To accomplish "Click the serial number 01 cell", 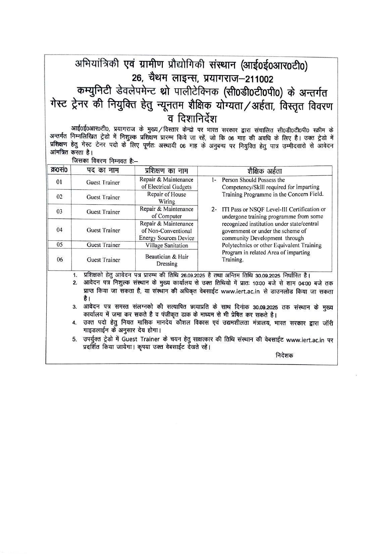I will pyautogui.click(x=59, y=182).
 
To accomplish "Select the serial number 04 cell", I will pyautogui.click(x=59, y=230).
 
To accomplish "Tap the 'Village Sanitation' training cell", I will pyautogui.click(x=167, y=245).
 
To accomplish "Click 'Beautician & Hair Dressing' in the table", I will pyautogui.click(x=167, y=260).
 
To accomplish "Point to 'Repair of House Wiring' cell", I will pyautogui.click(x=167, y=198).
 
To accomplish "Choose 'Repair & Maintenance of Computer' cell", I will pyautogui.click(x=167, y=213).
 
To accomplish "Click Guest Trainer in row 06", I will pyautogui.click(x=103, y=260).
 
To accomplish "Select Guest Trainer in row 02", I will pyautogui.click(x=103, y=197).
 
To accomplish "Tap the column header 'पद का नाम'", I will pyautogui.click(x=103, y=170).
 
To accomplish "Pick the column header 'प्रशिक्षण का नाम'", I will pyautogui.click(x=167, y=170).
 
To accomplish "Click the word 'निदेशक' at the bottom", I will pyautogui.click(x=284, y=355).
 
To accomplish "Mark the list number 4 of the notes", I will pyautogui.click(x=75, y=323).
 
